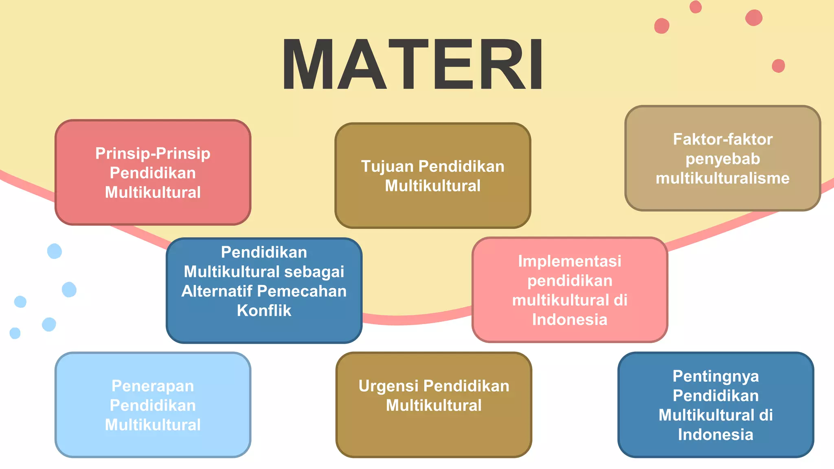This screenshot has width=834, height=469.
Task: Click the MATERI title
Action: tap(412, 64)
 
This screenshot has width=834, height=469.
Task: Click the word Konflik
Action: tap(264, 311)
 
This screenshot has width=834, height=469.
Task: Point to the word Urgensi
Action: tap(388, 386)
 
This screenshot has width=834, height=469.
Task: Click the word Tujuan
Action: tap(387, 167)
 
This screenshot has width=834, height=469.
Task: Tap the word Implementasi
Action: tap(569, 261)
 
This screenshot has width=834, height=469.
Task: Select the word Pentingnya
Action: tap(715, 376)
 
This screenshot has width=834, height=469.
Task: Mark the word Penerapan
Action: tap(153, 386)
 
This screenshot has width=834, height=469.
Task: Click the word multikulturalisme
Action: tap(722, 178)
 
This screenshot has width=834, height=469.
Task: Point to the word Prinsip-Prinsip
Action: tap(153, 153)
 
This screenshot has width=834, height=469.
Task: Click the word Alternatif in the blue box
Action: tap(217, 291)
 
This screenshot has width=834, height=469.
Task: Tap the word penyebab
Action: tap(722, 159)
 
